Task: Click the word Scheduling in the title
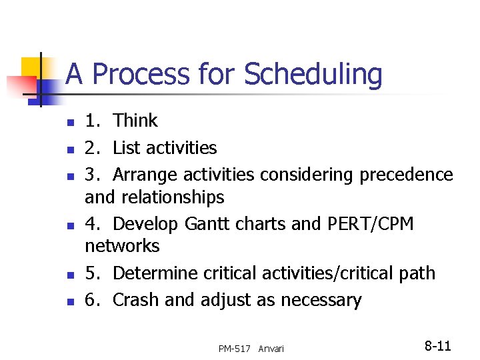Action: (x=313, y=75)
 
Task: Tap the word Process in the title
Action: (x=139, y=75)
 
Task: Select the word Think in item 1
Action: (x=135, y=121)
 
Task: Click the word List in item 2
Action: (x=127, y=147)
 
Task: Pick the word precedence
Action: (x=406, y=175)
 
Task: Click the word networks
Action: (x=122, y=246)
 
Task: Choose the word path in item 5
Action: (x=416, y=273)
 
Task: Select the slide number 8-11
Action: (x=438, y=346)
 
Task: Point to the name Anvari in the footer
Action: (x=271, y=349)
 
